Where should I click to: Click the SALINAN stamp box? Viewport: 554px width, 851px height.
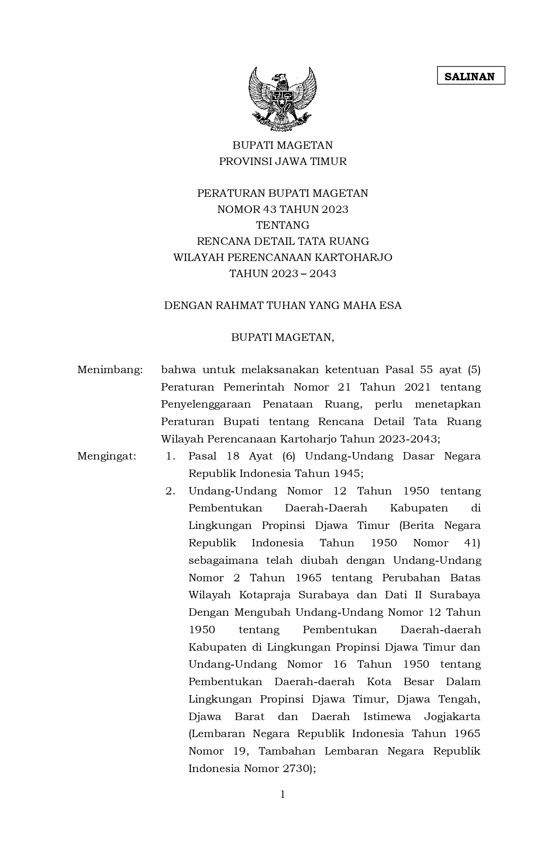point(471,75)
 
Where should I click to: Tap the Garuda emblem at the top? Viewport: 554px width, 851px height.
point(282,99)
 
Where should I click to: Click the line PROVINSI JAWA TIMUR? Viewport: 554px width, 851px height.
point(283,161)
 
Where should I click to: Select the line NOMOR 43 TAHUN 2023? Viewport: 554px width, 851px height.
point(283,209)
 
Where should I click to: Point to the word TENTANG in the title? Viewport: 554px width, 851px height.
point(283,225)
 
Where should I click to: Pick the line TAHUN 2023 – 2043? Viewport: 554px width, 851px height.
point(283,274)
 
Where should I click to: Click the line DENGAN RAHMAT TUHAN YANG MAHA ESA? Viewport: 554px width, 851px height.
point(283,305)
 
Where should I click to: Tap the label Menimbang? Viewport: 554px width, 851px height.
point(110,370)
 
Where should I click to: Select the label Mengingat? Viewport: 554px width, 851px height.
point(106,456)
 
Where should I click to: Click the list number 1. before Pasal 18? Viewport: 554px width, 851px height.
point(171,456)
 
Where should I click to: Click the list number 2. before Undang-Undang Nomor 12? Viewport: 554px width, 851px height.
point(170,491)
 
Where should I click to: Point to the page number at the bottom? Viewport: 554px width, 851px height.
point(283,794)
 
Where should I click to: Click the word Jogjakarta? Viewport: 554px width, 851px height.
point(452,717)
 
